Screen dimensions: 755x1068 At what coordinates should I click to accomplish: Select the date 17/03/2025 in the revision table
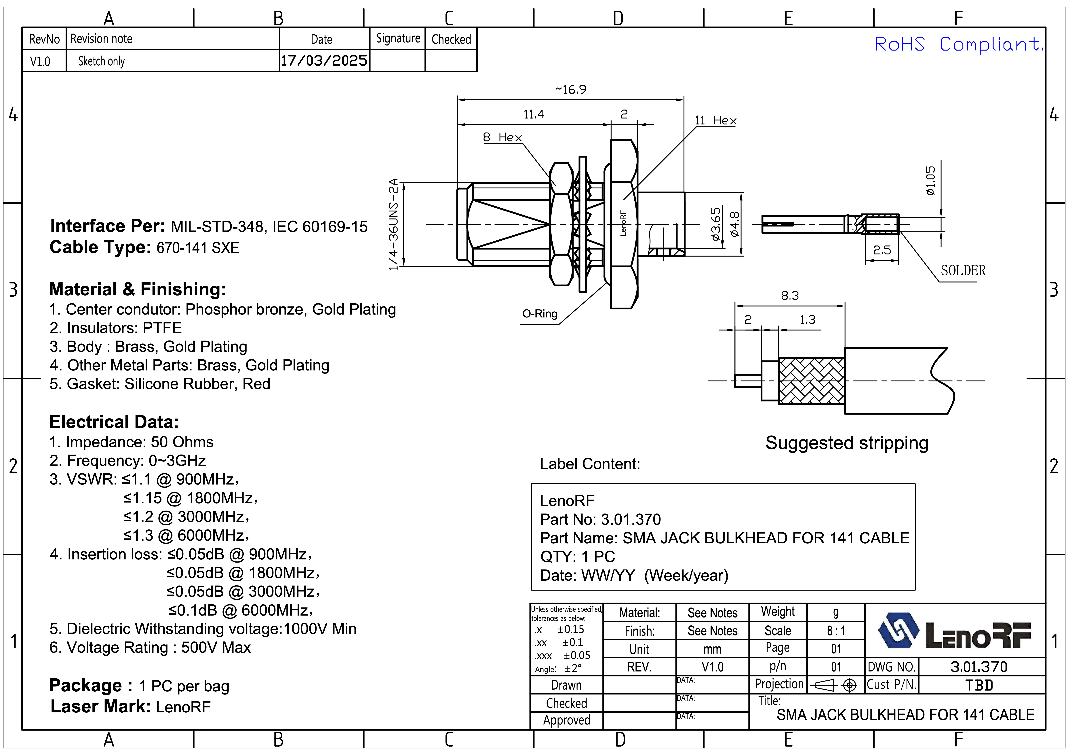324,60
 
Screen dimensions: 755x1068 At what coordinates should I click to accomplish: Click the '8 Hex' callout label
502,137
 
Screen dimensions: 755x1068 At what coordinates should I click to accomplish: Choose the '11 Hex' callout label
715,121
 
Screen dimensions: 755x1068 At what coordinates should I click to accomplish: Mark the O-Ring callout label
540,314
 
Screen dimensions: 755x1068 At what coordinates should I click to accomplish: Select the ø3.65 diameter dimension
716,224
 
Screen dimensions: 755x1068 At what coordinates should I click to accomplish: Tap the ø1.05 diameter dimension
930,181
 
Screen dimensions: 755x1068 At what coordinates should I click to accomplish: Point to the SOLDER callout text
963,270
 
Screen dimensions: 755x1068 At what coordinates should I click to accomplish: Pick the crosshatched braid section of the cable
812,381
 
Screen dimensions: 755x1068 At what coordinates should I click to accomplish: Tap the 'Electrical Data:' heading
114,422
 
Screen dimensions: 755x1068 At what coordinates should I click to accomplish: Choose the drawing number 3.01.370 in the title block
979,667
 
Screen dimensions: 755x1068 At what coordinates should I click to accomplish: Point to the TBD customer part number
979,685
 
